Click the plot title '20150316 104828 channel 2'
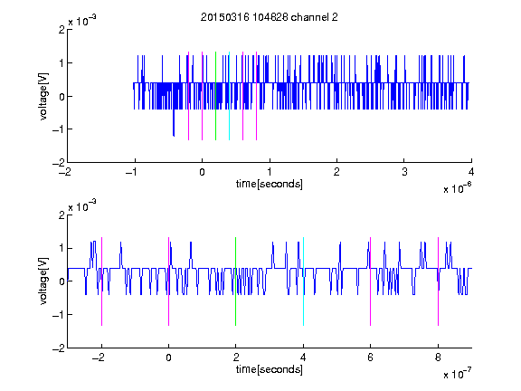[270, 17]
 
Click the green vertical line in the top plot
[215, 96]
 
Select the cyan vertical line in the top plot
[229, 96]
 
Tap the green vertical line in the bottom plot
[235, 281]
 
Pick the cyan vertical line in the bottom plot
[303, 281]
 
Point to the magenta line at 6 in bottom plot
[371, 281]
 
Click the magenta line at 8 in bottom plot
[439, 281]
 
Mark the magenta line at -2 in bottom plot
[101, 281]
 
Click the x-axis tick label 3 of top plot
[404, 172]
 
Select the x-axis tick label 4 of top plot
[471, 172]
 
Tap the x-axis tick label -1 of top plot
[131, 172]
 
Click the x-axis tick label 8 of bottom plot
[438, 358]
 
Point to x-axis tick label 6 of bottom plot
[371, 358]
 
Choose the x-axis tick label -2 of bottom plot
[98, 358]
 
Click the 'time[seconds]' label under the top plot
[270, 184]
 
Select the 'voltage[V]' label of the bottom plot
[43, 281]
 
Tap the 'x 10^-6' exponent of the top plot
[457, 188]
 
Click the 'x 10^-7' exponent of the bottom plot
[457, 374]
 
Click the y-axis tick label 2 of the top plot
[62, 30]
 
